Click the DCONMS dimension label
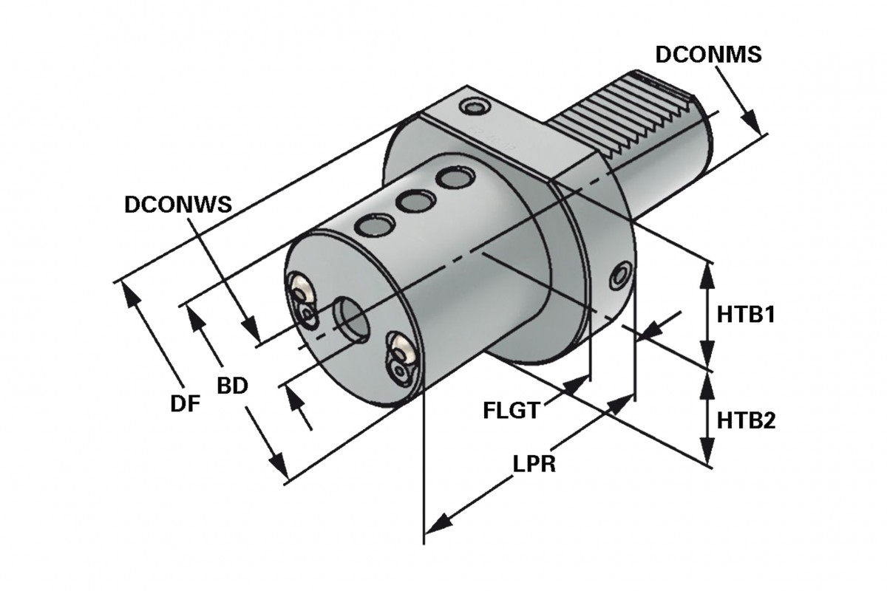pos(707,55)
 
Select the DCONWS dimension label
pos(178,204)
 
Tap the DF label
pos(186,403)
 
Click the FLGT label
pos(510,410)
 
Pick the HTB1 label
pos(745,315)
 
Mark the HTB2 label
pos(745,421)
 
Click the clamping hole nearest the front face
pos(370,225)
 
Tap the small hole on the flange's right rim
pos(619,276)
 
